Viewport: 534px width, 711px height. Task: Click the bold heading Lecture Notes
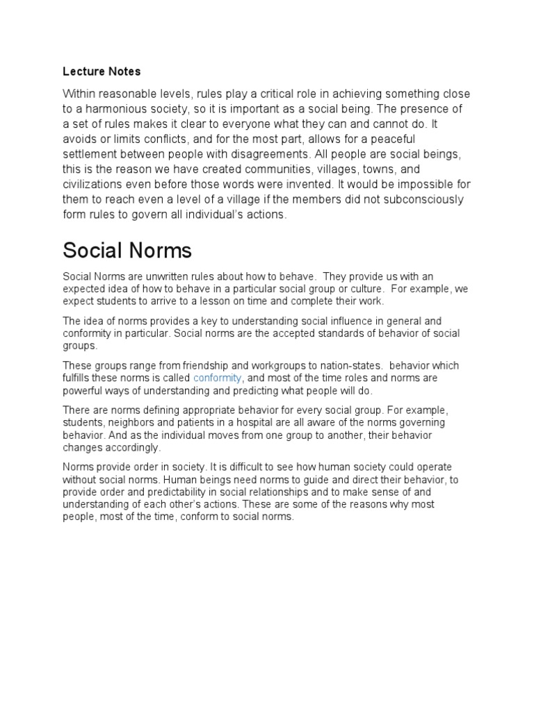102,71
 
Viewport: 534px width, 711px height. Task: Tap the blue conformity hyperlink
218,378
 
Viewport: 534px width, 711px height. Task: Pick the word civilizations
95,185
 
